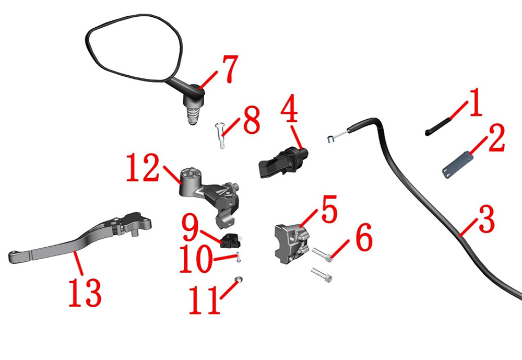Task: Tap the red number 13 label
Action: tap(85, 292)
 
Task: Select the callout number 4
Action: tap(289, 108)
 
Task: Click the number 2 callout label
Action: tap(496, 137)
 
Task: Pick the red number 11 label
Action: tap(205, 300)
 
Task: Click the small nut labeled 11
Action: tap(238, 280)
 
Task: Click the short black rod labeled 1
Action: tap(438, 126)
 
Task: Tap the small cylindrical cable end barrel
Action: tap(329, 139)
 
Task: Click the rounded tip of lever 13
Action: tap(14, 257)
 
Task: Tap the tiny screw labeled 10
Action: tap(239, 258)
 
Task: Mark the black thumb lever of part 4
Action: tap(270, 168)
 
